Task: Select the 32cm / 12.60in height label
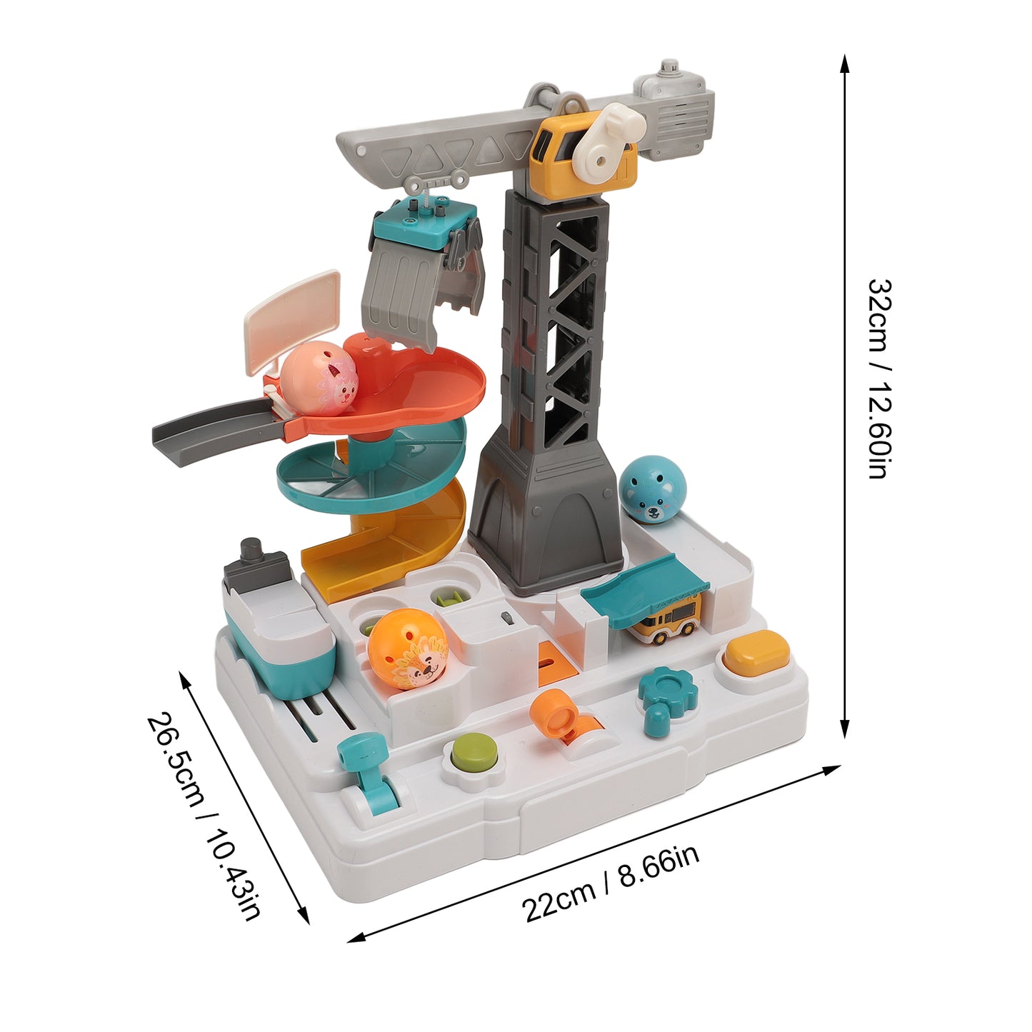[x=879, y=378]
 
